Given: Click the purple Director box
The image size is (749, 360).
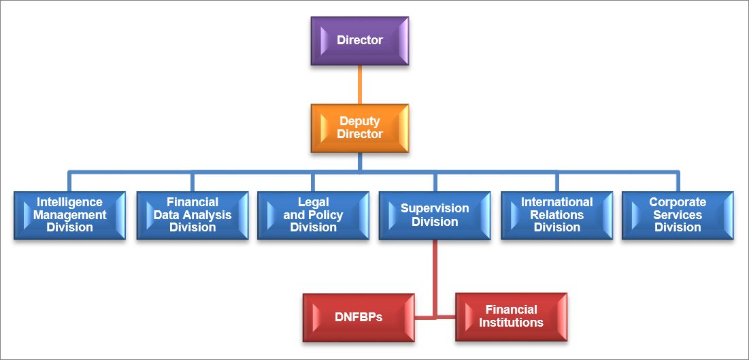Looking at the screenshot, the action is [x=360, y=41].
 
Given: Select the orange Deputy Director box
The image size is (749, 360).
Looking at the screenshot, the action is [x=360, y=128].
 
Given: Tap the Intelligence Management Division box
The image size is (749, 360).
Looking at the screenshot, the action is [x=70, y=215].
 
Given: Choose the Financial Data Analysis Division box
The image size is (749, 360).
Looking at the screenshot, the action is [x=193, y=215].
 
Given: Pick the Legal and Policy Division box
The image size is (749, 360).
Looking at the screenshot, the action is [x=314, y=215].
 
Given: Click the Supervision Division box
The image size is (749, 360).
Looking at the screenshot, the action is [x=435, y=215].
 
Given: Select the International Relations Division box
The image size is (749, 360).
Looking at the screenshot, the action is [x=557, y=215].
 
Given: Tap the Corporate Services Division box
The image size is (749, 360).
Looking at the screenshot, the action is [x=678, y=215].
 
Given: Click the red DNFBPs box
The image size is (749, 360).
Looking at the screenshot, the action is [x=359, y=317].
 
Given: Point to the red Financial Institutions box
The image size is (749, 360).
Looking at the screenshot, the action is [x=511, y=317].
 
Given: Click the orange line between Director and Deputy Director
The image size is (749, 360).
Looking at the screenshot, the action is [x=360, y=84].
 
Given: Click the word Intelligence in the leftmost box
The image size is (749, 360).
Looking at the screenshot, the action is [x=70, y=202].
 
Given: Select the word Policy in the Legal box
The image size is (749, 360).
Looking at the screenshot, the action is [x=327, y=214].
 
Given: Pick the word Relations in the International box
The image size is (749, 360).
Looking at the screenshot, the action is [x=557, y=214].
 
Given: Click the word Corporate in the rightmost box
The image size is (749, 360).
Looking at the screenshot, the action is [x=678, y=202].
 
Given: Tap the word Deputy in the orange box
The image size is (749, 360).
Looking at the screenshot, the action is [x=360, y=121].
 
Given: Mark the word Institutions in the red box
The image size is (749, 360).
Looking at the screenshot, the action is [x=511, y=323].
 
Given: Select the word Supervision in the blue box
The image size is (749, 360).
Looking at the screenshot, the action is [x=435, y=208].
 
